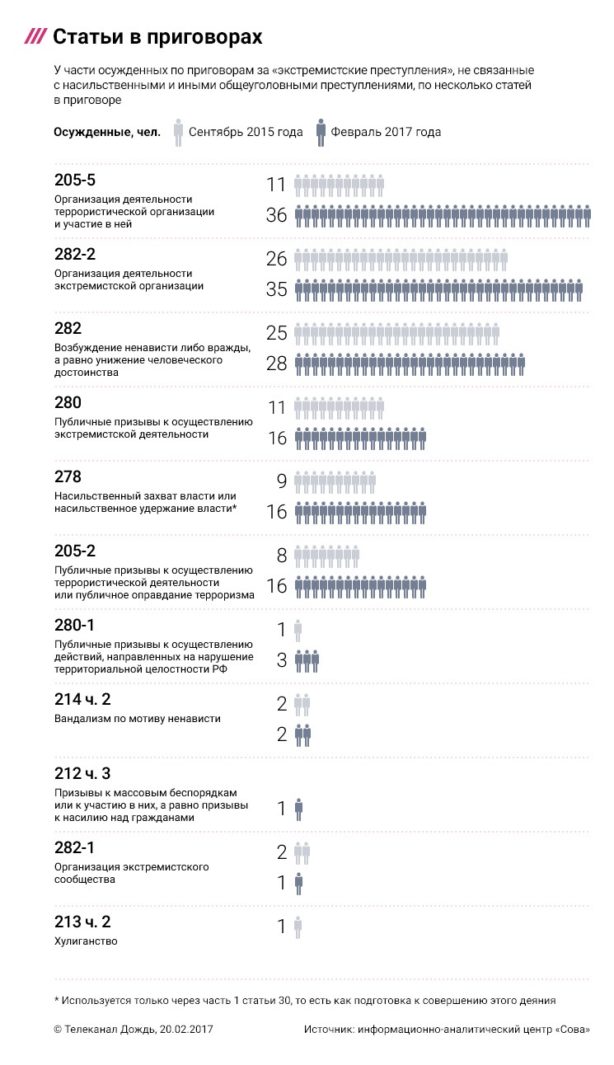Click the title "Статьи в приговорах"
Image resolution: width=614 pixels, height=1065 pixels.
[157, 37]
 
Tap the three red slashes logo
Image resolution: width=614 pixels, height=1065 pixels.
[35, 37]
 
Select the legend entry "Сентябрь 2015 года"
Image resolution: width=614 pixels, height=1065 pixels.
[246, 132]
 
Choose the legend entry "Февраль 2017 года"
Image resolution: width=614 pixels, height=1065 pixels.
[386, 132]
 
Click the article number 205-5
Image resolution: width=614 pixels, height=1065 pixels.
[76, 180]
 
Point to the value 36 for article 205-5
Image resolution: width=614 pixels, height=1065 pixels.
[276, 216]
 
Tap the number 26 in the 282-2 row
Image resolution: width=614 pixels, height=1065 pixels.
[276, 259]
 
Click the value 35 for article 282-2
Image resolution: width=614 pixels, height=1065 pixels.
[276, 290]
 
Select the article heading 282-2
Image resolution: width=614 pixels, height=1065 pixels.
[76, 254]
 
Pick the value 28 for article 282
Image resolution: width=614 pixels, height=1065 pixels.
[276, 364]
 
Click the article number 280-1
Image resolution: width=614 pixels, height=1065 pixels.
[76, 625]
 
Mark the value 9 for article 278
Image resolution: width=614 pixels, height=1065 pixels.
[281, 481]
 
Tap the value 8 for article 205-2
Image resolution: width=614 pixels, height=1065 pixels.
[281, 556]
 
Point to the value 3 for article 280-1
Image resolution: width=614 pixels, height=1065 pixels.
[281, 660]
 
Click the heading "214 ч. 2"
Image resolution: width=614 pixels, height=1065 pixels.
[82, 699]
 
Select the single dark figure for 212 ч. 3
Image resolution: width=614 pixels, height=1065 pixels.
[298, 809]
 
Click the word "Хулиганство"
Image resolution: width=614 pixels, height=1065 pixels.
[86, 941]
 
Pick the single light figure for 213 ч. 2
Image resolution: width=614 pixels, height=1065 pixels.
[298, 927]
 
